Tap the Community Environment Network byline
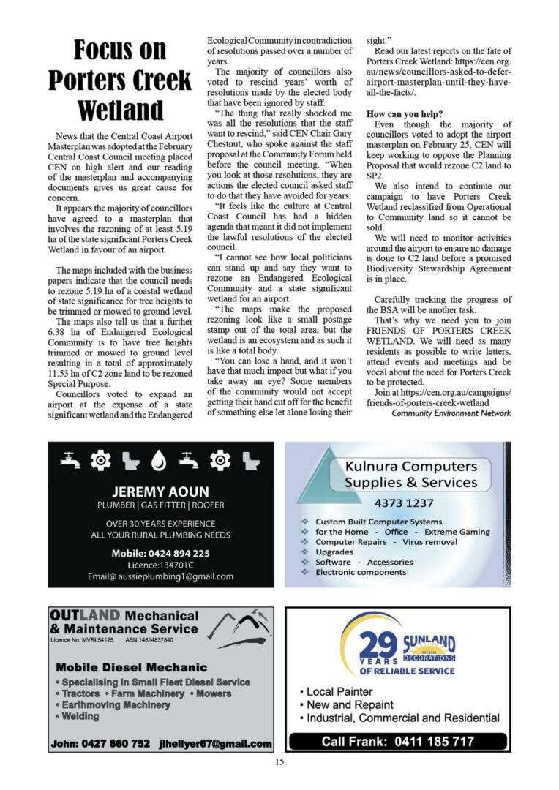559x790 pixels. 451,413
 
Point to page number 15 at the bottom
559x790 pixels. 279,762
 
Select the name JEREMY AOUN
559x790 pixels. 160,491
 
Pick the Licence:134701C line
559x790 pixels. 160,565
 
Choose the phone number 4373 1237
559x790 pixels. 404,503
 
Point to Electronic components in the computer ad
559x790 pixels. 361,572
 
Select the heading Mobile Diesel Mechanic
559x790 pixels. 132,667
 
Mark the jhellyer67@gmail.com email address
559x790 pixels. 215,744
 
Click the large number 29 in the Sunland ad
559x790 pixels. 379,645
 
